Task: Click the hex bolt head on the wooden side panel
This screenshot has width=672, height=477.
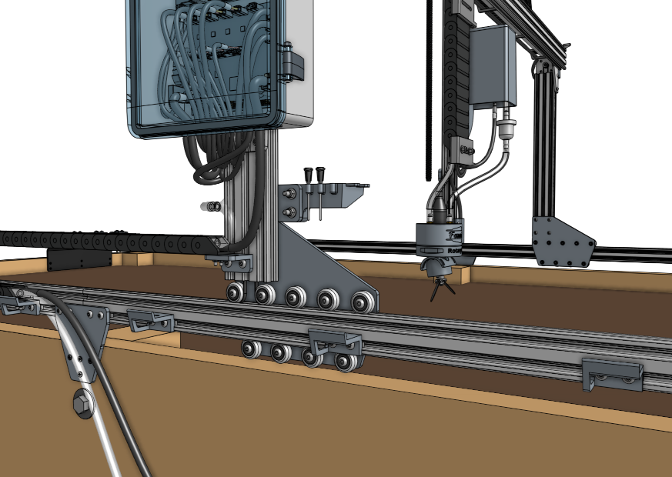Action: [x=81, y=403]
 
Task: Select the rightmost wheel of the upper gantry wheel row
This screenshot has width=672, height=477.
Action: [x=362, y=302]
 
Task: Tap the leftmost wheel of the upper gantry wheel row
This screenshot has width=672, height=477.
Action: [x=235, y=293]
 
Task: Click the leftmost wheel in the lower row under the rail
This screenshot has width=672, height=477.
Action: [x=251, y=349]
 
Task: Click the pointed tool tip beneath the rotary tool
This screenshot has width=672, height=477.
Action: [x=441, y=291]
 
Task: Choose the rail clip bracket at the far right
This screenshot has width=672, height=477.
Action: [x=613, y=374]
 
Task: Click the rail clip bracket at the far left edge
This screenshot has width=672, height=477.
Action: [x=19, y=305]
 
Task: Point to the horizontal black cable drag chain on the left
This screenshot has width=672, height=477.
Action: [x=100, y=242]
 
